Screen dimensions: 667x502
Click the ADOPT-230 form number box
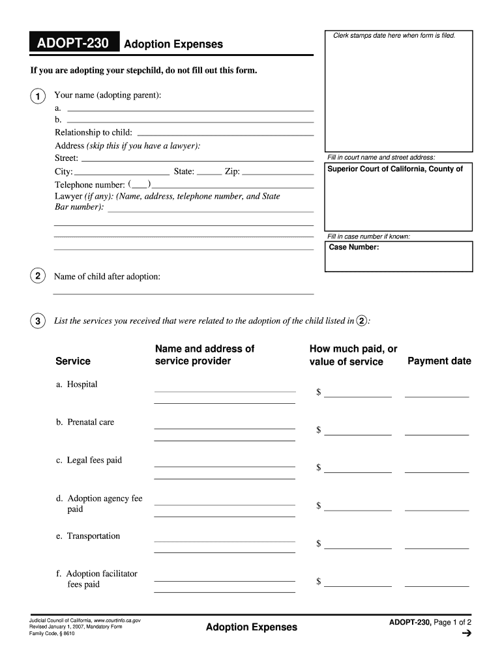(x=73, y=44)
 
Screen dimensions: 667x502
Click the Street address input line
(x=197, y=158)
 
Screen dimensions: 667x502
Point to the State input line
(x=209, y=173)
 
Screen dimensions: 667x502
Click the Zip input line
(x=278, y=173)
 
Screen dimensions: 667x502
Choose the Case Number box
(x=399, y=256)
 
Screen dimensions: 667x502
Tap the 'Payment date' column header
(x=439, y=361)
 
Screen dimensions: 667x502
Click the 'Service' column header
(x=73, y=361)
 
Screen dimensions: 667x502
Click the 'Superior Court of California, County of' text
(x=395, y=169)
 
